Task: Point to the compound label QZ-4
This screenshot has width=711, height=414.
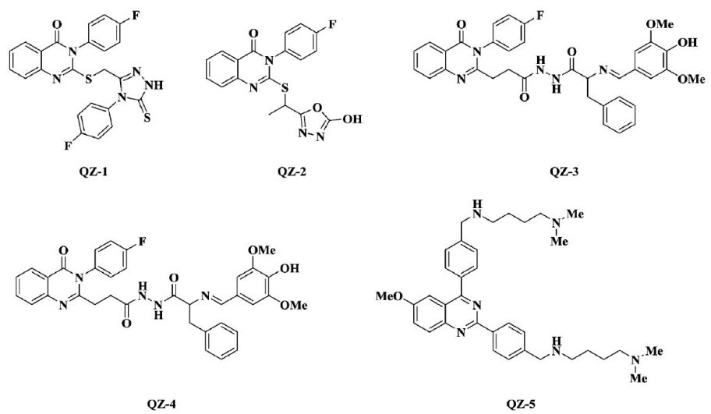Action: pyautogui.click(x=165, y=403)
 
